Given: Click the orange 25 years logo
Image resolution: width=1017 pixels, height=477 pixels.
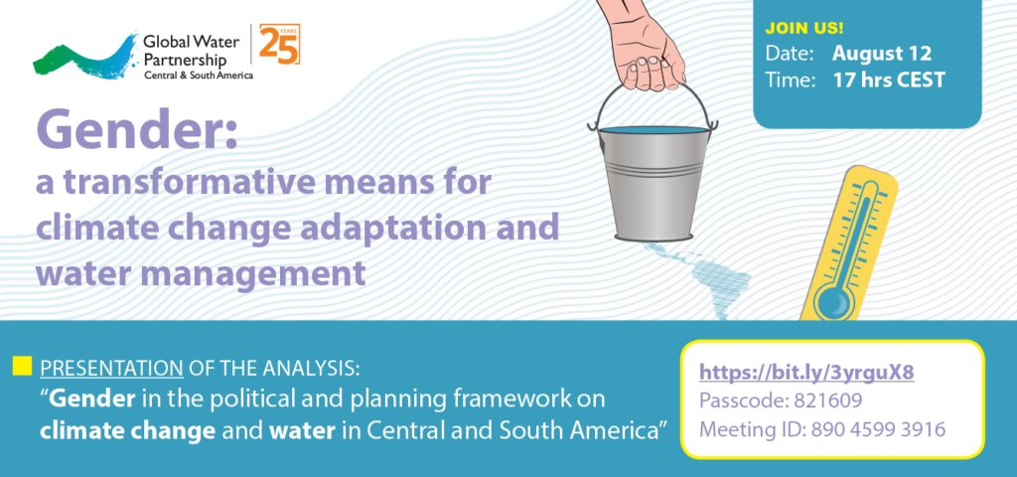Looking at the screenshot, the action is point(279,44).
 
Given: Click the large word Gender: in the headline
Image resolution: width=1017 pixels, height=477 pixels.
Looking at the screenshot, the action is point(137,129).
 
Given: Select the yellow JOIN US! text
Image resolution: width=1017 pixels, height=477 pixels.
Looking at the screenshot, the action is point(804,29).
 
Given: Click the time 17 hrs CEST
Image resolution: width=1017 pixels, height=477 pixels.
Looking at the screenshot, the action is point(889,79).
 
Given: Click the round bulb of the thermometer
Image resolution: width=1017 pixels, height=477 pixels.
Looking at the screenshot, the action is point(830,300).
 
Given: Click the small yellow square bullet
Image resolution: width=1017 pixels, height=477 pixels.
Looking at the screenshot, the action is point(22,366).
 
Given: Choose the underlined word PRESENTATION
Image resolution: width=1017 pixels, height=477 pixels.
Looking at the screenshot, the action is point(111,370).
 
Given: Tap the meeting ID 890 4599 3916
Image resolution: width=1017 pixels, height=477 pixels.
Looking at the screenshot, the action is point(878,429).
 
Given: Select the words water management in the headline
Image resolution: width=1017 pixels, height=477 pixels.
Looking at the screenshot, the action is point(201,273).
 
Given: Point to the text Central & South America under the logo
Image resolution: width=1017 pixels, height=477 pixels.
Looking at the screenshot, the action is point(198,76).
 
